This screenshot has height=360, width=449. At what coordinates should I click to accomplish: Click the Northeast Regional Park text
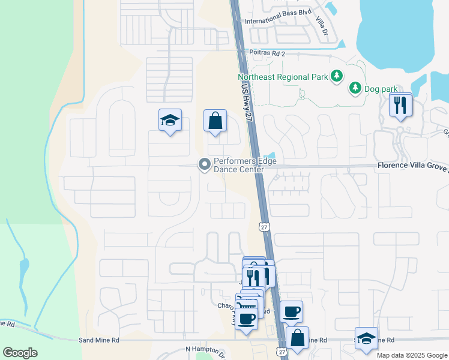tap(283, 76)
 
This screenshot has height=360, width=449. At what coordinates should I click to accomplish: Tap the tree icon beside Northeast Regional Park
tap(337, 76)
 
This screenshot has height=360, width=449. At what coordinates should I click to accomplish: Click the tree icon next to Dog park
tap(355, 88)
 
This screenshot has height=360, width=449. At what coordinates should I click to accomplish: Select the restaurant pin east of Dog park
tap(400, 106)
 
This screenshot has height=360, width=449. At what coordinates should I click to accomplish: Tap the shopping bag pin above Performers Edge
tap(215, 121)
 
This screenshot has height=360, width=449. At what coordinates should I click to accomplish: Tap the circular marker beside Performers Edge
tap(205, 163)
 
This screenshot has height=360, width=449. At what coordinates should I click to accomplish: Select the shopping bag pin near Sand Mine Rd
tap(297, 337)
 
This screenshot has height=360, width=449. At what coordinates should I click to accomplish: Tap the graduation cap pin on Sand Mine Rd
tap(366, 338)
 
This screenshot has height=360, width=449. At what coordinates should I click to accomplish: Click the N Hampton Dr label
tap(205, 349)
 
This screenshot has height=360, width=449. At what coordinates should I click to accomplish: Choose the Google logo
tap(20, 352)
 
